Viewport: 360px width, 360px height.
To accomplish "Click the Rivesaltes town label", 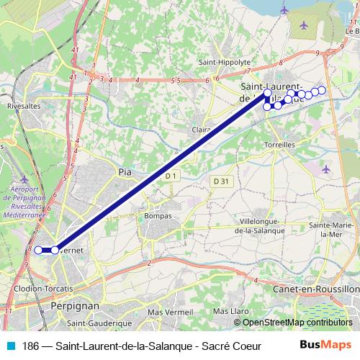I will pos(22,104).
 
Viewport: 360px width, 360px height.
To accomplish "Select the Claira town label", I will pos(202,130).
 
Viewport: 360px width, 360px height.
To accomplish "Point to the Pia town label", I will pos(125,171).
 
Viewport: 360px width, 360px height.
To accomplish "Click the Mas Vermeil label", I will pos(166,312).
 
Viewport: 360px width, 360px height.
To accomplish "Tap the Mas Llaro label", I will pos(230,311).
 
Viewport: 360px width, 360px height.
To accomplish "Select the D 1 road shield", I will pos(171,176).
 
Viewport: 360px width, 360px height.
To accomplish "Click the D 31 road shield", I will pos(221,181).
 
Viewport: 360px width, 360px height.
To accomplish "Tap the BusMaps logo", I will pos(330,345).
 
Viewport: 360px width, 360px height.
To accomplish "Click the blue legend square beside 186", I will pos(9,346).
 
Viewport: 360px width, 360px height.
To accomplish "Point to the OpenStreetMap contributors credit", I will pos(297,323).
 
